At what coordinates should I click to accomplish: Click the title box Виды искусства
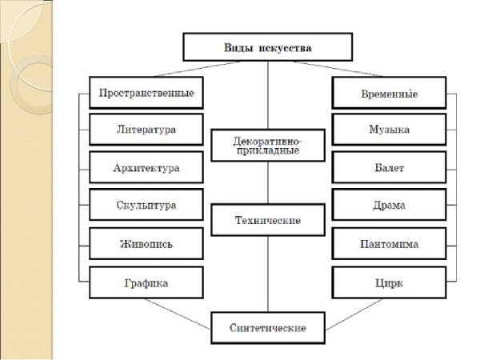(268, 48)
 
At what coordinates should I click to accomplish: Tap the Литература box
(145, 130)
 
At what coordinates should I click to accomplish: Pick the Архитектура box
(145, 168)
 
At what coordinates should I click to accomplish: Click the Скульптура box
(145, 206)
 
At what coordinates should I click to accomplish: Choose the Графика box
(145, 282)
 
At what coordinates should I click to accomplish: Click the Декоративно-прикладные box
(268, 145)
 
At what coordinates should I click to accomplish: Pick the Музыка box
(387, 130)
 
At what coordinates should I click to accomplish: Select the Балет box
(387, 168)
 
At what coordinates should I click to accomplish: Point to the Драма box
(387, 206)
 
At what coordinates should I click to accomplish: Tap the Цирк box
(387, 282)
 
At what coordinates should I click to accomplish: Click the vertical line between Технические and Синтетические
(268, 272)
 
